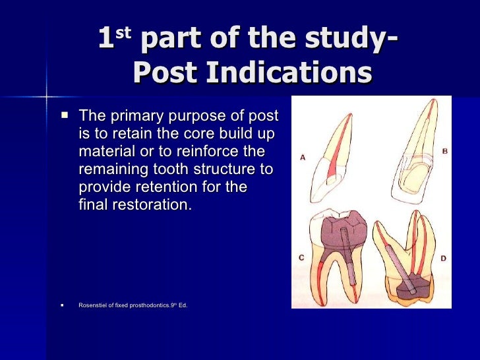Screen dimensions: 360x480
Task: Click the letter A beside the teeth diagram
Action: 303,158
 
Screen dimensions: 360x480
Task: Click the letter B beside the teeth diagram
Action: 444,151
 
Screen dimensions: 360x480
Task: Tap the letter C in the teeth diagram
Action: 301,258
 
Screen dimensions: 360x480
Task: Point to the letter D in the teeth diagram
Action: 442,258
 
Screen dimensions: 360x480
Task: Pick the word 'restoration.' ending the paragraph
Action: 154,204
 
